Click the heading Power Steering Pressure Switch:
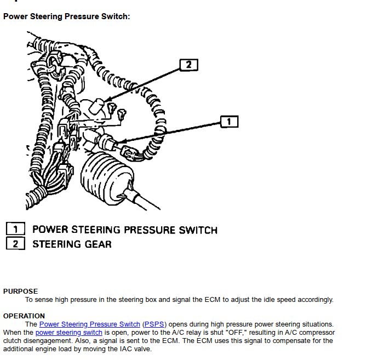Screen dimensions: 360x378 pyautogui.click(x=66, y=16)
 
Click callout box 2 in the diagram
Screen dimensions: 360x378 pyautogui.click(x=188, y=65)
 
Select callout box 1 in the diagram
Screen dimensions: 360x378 pyautogui.click(x=230, y=121)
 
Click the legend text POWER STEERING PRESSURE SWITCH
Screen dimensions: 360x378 pyautogui.click(x=125, y=230)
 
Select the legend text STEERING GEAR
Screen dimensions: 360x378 pyautogui.click(x=72, y=244)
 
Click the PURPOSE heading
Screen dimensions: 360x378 pyautogui.click(x=21, y=292)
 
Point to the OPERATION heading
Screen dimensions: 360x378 pyautogui.click(x=24, y=316)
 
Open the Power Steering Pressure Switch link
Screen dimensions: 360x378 pyautogui.click(x=89, y=324)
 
